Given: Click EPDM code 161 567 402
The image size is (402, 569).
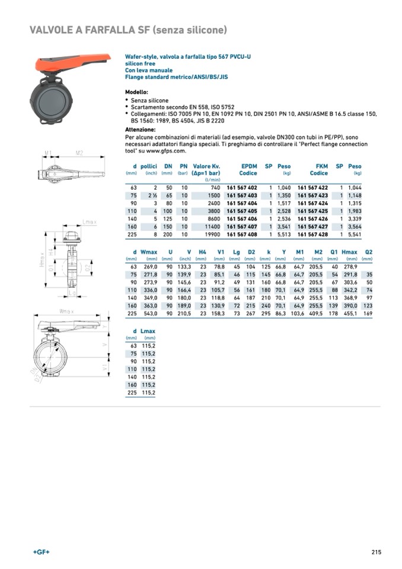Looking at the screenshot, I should pyautogui.click(x=242, y=187).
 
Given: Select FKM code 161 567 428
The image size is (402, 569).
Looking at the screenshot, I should pyautogui.click(x=312, y=234).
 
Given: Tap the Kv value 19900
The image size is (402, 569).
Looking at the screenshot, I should pyautogui.click(x=210, y=234).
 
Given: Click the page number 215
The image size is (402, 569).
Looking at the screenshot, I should pyautogui.click(x=376, y=552).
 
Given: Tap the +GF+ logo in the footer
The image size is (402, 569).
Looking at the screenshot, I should pyautogui.click(x=42, y=552).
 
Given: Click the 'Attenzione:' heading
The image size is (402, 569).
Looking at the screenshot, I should pyautogui.click(x=140, y=129).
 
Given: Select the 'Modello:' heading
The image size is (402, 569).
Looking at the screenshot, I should pyautogui.click(x=136, y=93).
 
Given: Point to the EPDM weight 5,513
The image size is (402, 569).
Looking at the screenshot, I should pyautogui.click(x=284, y=234).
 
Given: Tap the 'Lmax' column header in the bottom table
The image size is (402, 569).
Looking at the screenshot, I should pyautogui.click(x=148, y=331).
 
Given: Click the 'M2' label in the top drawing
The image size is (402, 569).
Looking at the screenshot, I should pyautogui.click(x=79, y=153).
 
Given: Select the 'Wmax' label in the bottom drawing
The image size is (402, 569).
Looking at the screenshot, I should pyautogui.click(x=67, y=311).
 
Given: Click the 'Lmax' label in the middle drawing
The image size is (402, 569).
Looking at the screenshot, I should pyautogui.click(x=89, y=222).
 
